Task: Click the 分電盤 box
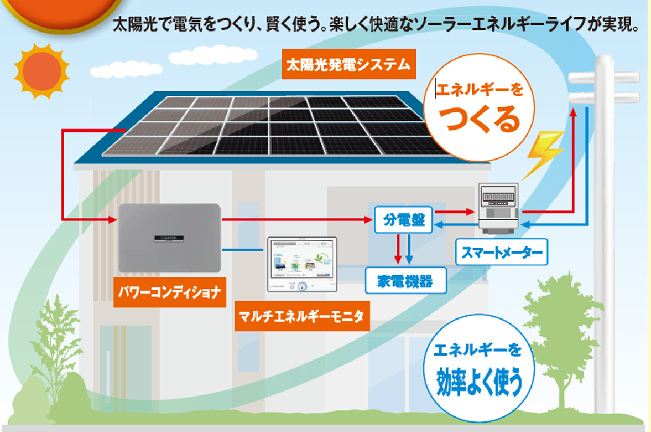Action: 404,220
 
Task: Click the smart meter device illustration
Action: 499,207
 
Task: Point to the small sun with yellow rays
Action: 41,71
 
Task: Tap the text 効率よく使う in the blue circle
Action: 478,381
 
